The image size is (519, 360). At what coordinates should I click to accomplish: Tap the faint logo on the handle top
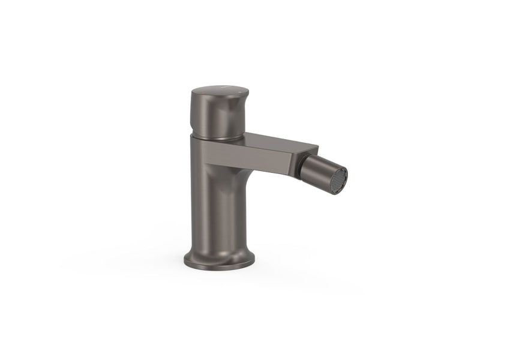tap(223, 88)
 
